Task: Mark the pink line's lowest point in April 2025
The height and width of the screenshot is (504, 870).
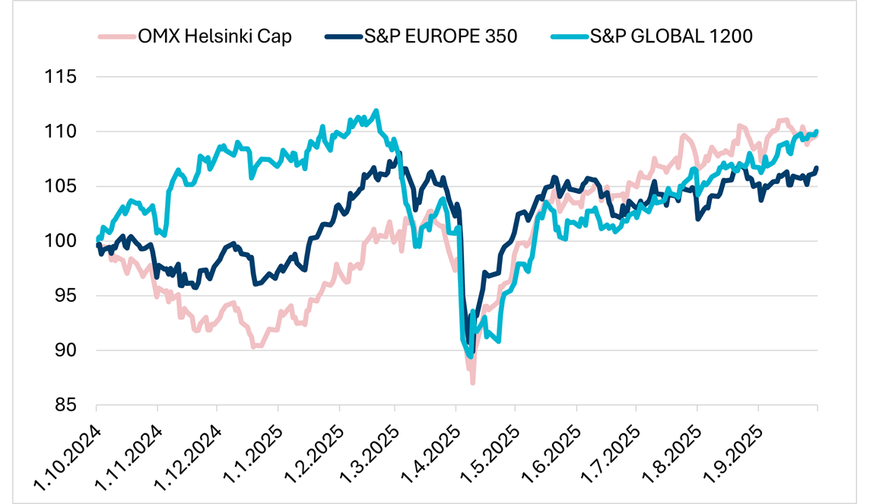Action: click(x=472, y=382)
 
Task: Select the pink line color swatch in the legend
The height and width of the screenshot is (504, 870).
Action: click(x=115, y=36)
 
